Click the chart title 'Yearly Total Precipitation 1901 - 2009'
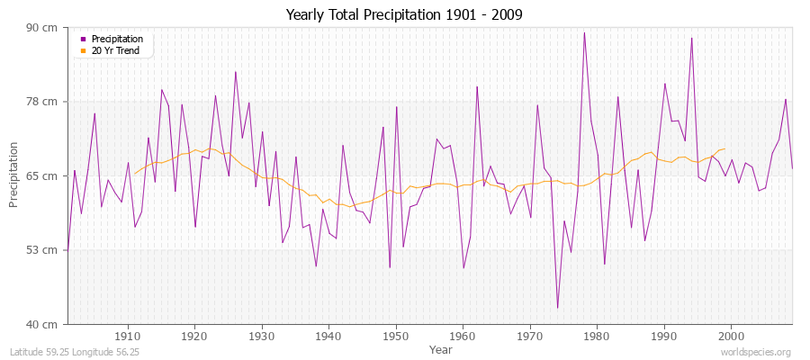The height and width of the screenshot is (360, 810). click(404, 14)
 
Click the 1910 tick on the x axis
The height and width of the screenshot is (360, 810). click(128, 335)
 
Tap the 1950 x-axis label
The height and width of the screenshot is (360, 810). click(395, 335)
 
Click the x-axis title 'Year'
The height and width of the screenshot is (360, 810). click(440, 349)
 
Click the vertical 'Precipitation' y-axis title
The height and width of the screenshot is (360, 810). click(13, 175)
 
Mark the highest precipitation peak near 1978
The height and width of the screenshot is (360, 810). click(584, 33)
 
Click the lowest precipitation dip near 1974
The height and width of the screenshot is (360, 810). click(557, 308)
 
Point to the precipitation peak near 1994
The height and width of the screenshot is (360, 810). click(691, 38)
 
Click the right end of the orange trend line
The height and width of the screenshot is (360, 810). click(724, 149)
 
